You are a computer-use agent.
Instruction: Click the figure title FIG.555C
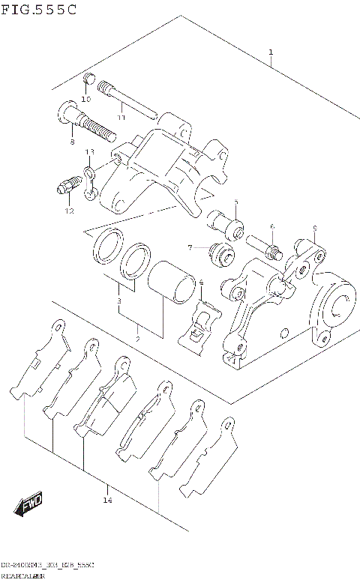38,10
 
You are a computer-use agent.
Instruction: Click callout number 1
271,52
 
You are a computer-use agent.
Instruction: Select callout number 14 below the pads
108,500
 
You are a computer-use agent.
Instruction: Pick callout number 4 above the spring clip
201,283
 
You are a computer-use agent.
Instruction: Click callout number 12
70,211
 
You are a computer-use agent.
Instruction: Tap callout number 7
190,247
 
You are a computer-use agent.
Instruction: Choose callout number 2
138,339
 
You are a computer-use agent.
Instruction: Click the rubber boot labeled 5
226,223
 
